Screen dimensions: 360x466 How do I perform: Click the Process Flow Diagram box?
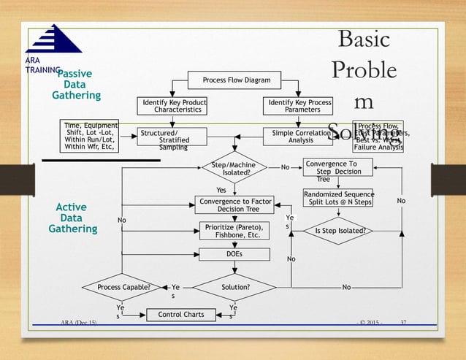point(230,80)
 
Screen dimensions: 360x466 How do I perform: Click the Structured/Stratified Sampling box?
point(172,137)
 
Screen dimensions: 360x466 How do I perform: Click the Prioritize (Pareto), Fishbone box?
point(234,231)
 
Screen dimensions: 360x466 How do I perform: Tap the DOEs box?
point(234,254)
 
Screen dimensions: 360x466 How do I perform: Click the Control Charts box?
point(176,315)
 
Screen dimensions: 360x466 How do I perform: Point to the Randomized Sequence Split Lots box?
point(339,198)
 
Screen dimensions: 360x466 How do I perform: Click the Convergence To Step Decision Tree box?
point(337,168)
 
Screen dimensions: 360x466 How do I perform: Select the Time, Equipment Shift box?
point(93,136)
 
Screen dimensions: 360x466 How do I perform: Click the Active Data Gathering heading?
point(73,218)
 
